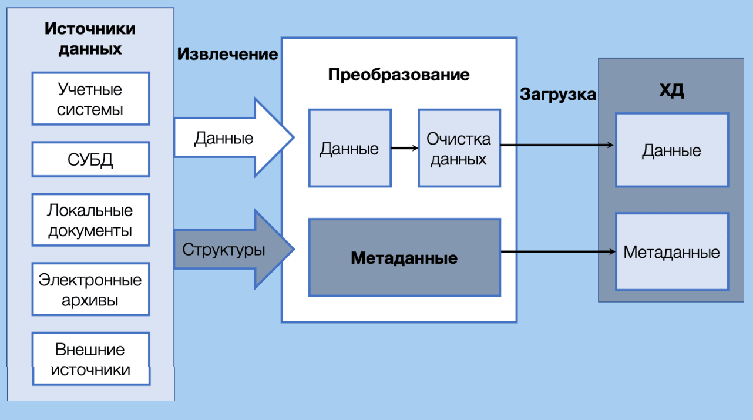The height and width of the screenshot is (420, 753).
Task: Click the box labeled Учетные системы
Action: point(90,99)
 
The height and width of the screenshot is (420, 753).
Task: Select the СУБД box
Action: point(90,159)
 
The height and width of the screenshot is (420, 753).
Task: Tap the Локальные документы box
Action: point(90,220)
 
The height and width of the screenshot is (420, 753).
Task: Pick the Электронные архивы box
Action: point(90,290)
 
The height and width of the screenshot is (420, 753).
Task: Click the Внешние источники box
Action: point(90,359)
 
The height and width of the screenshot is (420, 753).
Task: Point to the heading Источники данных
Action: point(90,38)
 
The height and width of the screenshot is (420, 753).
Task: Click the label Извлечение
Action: point(227,54)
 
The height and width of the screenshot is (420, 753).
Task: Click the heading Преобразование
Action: point(399,75)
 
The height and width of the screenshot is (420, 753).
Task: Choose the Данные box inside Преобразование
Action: point(349,148)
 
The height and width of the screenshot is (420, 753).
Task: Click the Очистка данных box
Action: point(459,148)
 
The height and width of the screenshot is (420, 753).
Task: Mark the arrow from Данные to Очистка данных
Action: point(404,148)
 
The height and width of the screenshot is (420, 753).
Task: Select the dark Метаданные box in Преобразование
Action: point(404,257)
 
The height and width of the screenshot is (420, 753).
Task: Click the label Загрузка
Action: point(557,94)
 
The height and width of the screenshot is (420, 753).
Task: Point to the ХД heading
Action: point(671,91)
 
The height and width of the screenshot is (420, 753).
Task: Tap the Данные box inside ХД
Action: point(671,150)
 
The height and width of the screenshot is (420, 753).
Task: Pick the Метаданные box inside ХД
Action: point(671,252)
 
